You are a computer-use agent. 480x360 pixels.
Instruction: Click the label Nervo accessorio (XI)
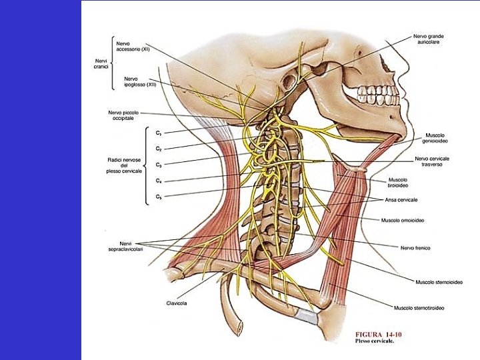point(132,46)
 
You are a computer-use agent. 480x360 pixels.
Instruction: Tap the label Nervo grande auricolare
point(428,39)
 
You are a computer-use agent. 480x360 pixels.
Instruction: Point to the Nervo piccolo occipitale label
point(123,115)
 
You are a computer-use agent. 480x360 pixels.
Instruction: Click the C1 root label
point(159,133)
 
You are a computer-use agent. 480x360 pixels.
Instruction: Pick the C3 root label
point(159,165)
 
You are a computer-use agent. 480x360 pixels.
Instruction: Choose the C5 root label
point(159,197)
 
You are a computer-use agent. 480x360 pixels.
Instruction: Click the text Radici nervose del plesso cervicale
point(123,165)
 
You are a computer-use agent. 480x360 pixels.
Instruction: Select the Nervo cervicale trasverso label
point(432,161)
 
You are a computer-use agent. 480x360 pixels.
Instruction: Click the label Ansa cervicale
point(401,199)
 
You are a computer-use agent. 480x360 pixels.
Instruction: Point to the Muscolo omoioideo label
point(403,219)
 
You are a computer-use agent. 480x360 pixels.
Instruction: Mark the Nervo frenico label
point(415,247)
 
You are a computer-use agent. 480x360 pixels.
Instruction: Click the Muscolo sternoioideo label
point(439,282)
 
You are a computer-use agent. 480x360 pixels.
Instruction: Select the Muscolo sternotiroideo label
point(419,308)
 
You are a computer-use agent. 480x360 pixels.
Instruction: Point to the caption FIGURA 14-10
point(378,334)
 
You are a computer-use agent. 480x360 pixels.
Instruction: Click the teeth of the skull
point(377,93)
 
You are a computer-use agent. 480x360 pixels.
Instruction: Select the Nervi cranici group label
point(101,63)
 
